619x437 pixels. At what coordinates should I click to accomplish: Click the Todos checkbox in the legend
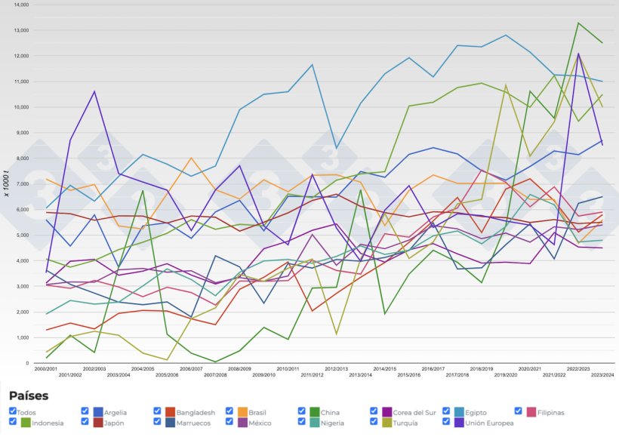pyautogui.click(x=13, y=411)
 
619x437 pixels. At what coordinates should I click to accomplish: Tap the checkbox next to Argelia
pyautogui.click(x=85, y=411)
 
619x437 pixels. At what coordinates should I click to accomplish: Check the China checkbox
pyautogui.click(x=302, y=411)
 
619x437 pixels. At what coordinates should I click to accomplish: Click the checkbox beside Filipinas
pyautogui.click(x=519, y=411)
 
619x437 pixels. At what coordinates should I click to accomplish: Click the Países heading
pyautogui.click(x=29, y=395)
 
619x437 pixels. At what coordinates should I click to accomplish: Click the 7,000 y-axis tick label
pyautogui.click(x=22, y=184)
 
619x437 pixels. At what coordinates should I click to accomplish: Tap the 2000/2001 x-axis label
pyautogui.click(x=45, y=369)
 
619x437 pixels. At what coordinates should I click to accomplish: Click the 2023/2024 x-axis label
pyautogui.click(x=601, y=374)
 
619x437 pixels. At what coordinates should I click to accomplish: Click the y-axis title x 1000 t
pyautogui.click(x=7, y=184)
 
